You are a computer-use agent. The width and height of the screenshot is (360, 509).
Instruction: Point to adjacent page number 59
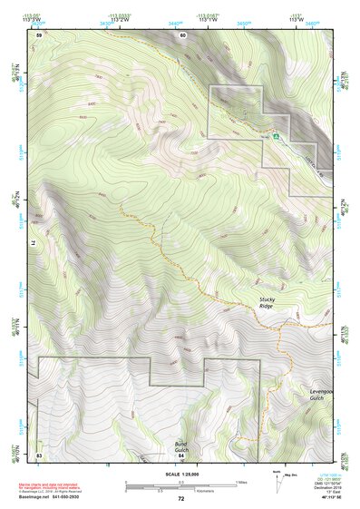39,34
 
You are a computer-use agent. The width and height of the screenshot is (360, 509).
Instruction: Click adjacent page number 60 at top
182,34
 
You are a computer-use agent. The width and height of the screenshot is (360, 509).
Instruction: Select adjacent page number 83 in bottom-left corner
39,455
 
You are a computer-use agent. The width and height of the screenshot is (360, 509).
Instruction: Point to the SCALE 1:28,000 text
181,475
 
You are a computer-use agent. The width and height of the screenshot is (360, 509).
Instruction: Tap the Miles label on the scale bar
241,481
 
